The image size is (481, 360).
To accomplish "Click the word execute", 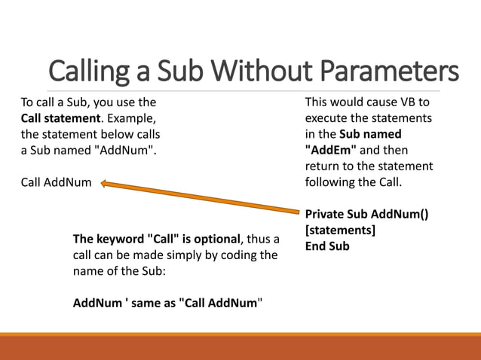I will [326, 118].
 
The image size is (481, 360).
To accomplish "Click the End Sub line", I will [327, 246].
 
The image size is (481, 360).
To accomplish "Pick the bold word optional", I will [215, 239].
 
